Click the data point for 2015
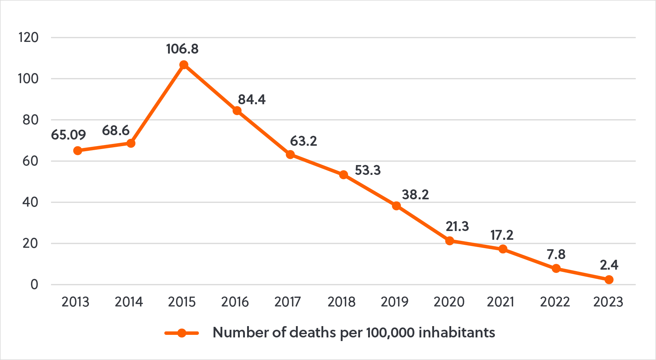coord(184,65)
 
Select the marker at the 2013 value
coord(78,150)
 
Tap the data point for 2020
coord(449,241)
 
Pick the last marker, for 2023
coord(609,279)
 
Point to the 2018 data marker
coord(343,175)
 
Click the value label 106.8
coord(182,49)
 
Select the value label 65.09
coord(69,135)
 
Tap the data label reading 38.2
coord(415,195)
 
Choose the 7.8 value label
coord(556,254)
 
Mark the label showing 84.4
coord(252,99)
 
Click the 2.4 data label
coord(609,265)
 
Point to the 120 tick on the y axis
coord(28,37)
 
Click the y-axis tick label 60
coord(30,161)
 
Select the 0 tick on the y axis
coord(34,285)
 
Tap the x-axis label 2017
coord(288,302)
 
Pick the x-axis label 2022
coord(555,302)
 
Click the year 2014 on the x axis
coord(129,302)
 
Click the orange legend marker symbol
coord(181,333)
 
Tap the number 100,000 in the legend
coord(390,332)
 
